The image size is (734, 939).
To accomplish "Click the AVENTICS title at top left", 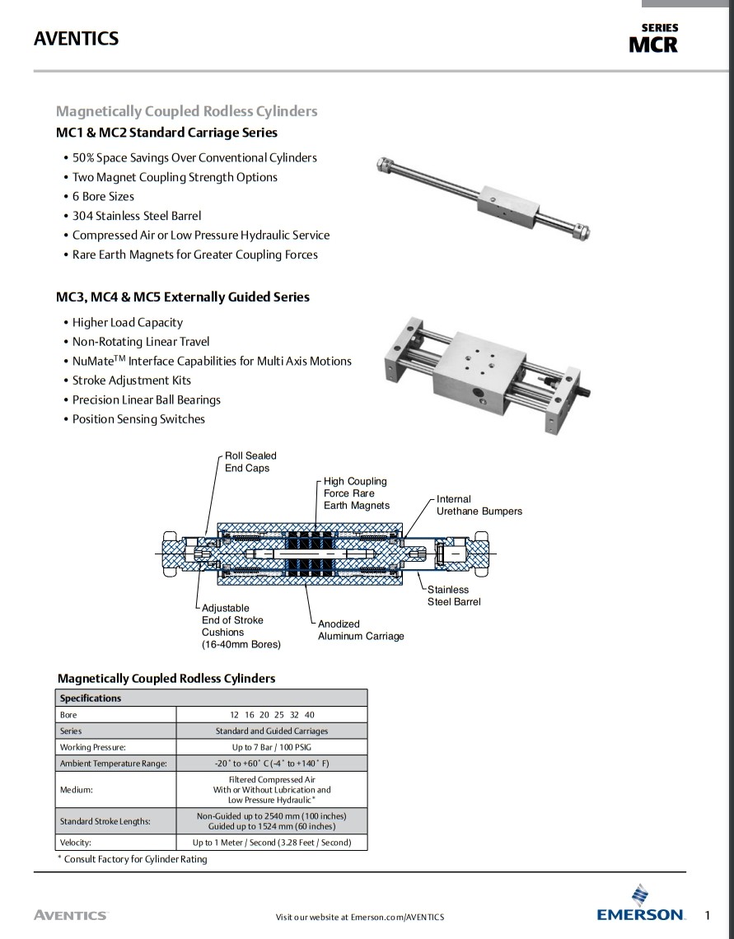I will pos(76,39).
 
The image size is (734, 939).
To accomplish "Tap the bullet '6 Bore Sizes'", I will pos(103,196).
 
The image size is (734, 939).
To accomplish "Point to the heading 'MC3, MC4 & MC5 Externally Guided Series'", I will pos(183,297).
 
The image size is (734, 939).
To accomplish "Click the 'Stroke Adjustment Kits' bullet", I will pos(131,380).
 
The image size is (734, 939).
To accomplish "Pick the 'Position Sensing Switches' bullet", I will pos(138,418).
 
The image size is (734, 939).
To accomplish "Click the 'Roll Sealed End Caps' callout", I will pos(250,461).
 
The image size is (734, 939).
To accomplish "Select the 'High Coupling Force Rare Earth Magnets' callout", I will pos(356,493).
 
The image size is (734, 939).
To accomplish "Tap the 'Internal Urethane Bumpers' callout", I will pos(479,505).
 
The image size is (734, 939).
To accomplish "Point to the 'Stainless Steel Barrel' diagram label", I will pos(453,596).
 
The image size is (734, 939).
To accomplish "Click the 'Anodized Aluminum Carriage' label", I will pos(361,630).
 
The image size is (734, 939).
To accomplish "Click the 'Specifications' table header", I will pos(91,698).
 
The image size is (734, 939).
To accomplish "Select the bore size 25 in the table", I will pos(278,715).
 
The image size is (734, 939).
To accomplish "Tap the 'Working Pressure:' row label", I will pos(92,747).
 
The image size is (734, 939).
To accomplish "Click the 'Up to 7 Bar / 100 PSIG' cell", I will pos(271,747).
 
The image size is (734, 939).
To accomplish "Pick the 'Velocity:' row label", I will pos(76,842).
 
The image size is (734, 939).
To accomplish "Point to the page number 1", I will pos(708,914).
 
